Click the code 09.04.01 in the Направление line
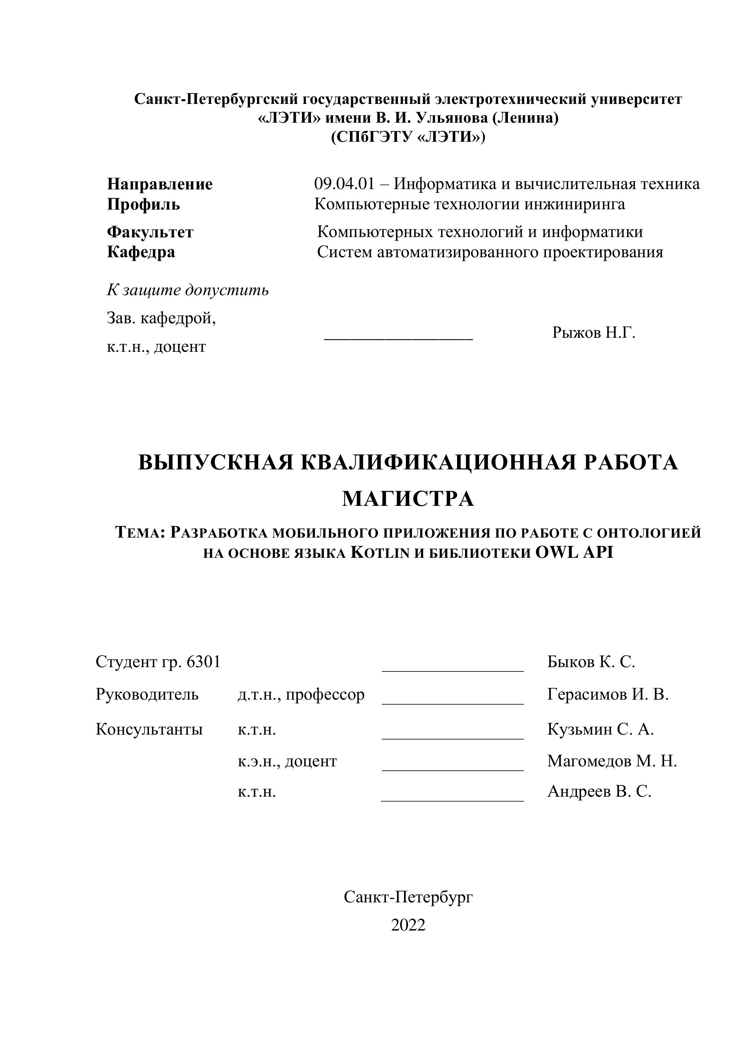[344, 184]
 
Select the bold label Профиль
[143, 205]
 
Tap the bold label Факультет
[150, 232]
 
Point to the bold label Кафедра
[141, 252]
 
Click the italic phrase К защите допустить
[188, 290]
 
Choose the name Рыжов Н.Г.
[593, 332]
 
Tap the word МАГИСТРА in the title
[408, 499]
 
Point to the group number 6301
[203, 662]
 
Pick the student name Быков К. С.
[591, 662]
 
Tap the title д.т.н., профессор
[301, 695]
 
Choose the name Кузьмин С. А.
[600, 729]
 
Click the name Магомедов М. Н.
[612, 761]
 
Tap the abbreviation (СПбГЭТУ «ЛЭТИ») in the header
[408, 137]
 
